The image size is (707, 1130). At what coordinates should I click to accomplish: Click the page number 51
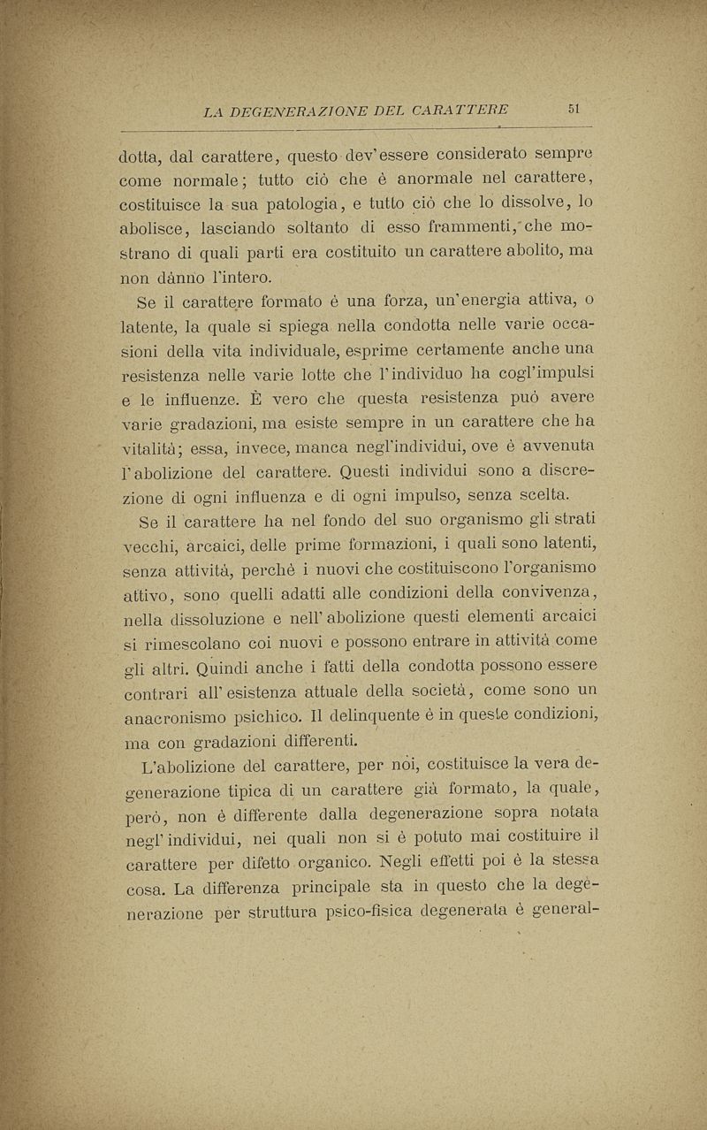coord(574,110)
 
